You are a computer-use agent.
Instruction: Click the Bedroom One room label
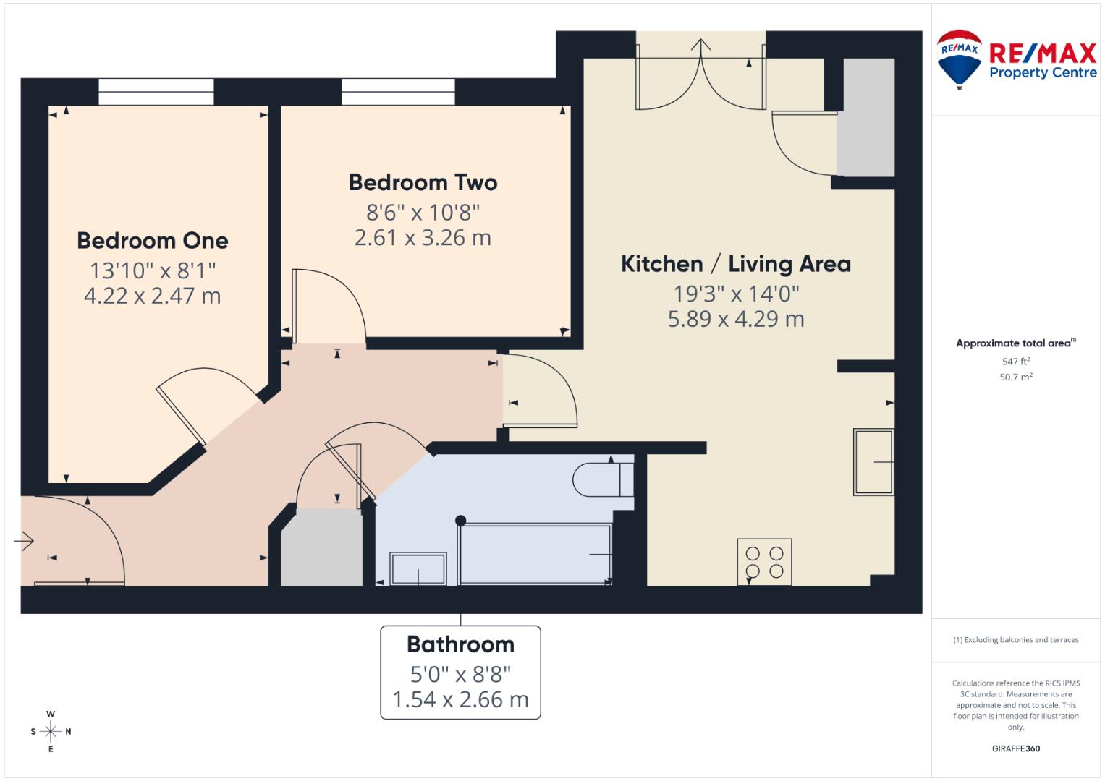click(x=153, y=241)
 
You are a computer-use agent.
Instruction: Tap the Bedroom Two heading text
click(x=423, y=182)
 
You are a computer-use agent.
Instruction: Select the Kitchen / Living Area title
click(x=735, y=264)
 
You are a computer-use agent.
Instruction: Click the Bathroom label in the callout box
click(x=460, y=644)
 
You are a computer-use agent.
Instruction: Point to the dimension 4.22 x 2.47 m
click(x=153, y=296)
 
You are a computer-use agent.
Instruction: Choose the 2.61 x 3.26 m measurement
click(x=423, y=238)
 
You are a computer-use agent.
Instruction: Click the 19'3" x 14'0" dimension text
click(x=735, y=294)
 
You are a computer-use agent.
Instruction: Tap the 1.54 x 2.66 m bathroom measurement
click(x=460, y=699)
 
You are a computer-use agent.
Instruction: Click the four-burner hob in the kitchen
click(x=764, y=562)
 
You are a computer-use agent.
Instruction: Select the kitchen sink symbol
click(x=873, y=462)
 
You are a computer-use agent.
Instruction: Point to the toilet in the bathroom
click(x=603, y=479)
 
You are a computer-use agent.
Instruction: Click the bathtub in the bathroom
click(x=535, y=554)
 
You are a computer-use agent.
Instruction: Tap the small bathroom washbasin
click(x=418, y=568)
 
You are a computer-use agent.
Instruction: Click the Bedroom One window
click(x=156, y=92)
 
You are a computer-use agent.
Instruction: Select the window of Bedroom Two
click(x=398, y=92)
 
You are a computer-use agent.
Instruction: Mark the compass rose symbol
click(x=51, y=731)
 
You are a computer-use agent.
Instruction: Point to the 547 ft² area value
click(x=1016, y=362)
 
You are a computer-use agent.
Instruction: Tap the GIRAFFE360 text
click(x=1016, y=748)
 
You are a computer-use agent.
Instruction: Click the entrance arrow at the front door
click(x=24, y=541)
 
